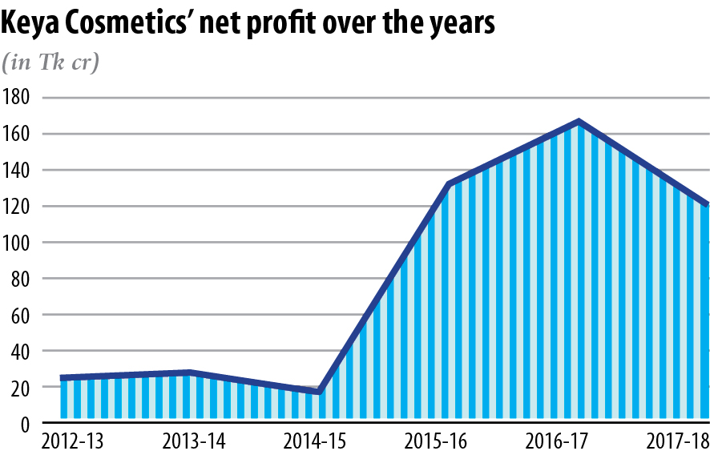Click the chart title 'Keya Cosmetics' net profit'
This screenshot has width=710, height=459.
tap(248, 25)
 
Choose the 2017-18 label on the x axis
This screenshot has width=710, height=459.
tap(677, 441)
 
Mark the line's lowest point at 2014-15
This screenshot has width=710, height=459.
tap(319, 392)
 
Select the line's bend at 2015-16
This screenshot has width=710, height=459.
tap(449, 185)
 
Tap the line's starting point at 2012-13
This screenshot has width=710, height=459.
tap(62, 377)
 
